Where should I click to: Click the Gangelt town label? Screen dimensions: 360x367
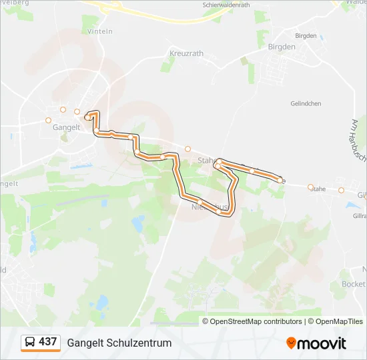pos(66,127)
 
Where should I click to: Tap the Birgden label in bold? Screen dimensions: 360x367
pos(281,47)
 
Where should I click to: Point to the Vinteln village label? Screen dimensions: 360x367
pos(100,31)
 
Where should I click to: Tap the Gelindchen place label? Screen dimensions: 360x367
pos(306,103)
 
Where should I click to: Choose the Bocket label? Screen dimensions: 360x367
pos(354,284)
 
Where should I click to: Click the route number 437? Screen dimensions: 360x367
pos(47,342)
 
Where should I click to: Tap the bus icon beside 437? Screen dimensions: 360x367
pos(31,342)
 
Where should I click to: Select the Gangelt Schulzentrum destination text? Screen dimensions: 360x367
pos(119,343)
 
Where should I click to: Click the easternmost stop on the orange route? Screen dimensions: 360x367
pos(280,179)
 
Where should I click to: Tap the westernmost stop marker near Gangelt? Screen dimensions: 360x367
pos(48,121)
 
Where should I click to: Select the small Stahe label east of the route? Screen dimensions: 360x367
pos(318,189)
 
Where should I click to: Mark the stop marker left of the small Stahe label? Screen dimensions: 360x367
pos(310,187)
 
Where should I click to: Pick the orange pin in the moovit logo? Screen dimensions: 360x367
pos(291,343)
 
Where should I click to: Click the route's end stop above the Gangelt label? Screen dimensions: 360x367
pos(87,117)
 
